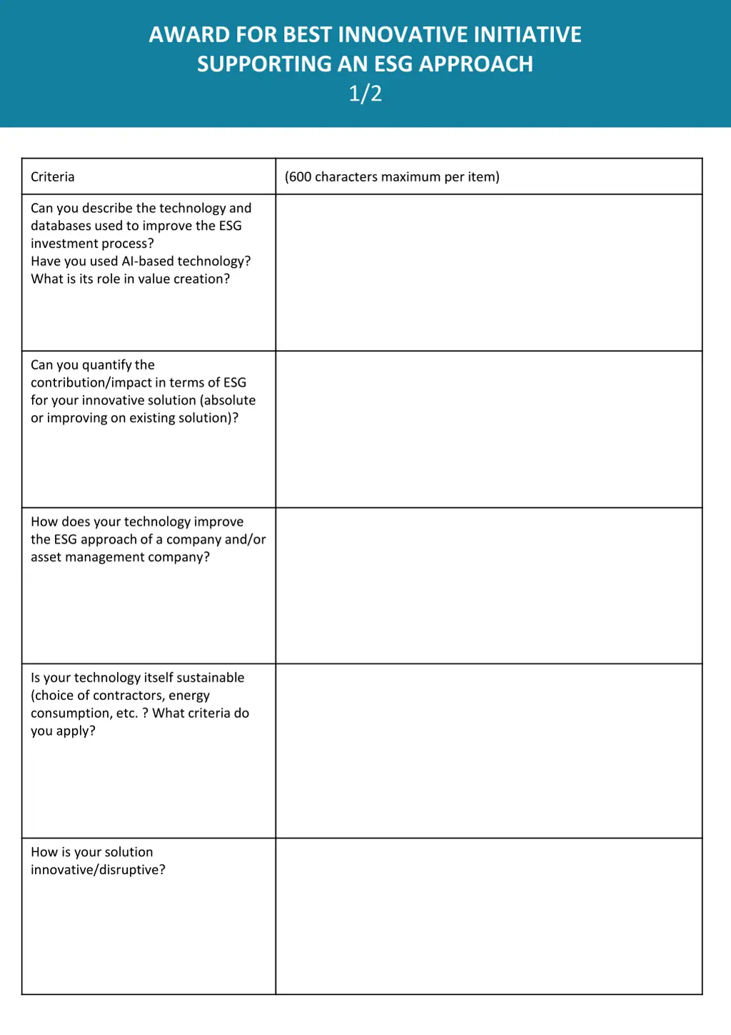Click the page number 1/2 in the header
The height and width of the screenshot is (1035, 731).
click(365, 94)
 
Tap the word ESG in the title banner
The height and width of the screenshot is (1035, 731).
click(393, 64)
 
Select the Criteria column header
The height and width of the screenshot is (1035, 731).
click(53, 176)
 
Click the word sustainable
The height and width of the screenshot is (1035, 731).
click(211, 677)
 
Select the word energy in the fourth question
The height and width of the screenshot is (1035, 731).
click(189, 695)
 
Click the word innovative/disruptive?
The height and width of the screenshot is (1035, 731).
click(98, 869)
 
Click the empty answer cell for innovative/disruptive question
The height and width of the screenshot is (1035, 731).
click(489, 916)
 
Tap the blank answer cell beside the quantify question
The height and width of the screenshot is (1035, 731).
click(489, 429)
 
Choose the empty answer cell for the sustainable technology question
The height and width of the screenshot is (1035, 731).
click(489, 751)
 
